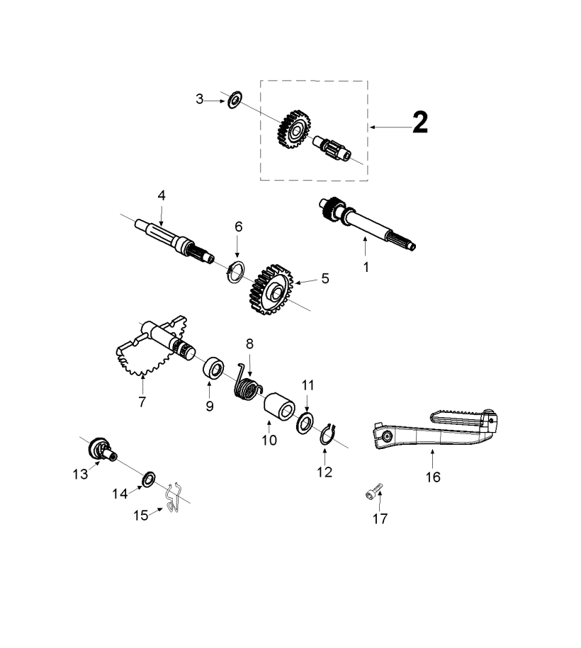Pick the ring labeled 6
pyautogui.click(x=237, y=271)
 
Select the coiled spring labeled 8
pyautogui.click(x=247, y=387)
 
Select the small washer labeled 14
pyautogui.click(x=150, y=479)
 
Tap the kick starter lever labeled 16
pyautogui.click(x=432, y=432)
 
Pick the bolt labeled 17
pyautogui.click(x=375, y=491)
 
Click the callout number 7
pyautogui.click(x=142, y=402)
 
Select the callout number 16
pyautogui.click(x=432, y=477)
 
